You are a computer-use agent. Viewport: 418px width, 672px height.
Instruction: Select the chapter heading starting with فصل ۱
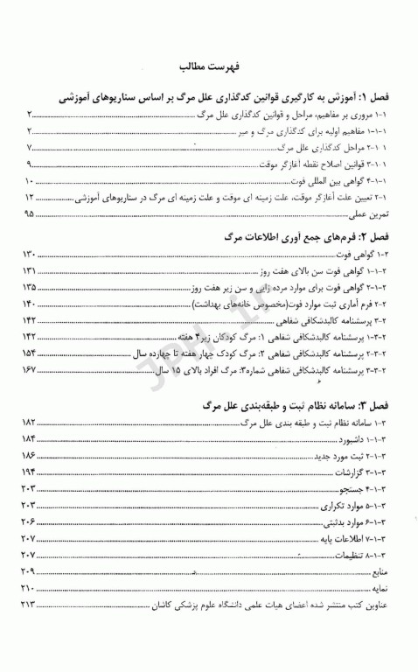pyautogui.click(x=226, y=99)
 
